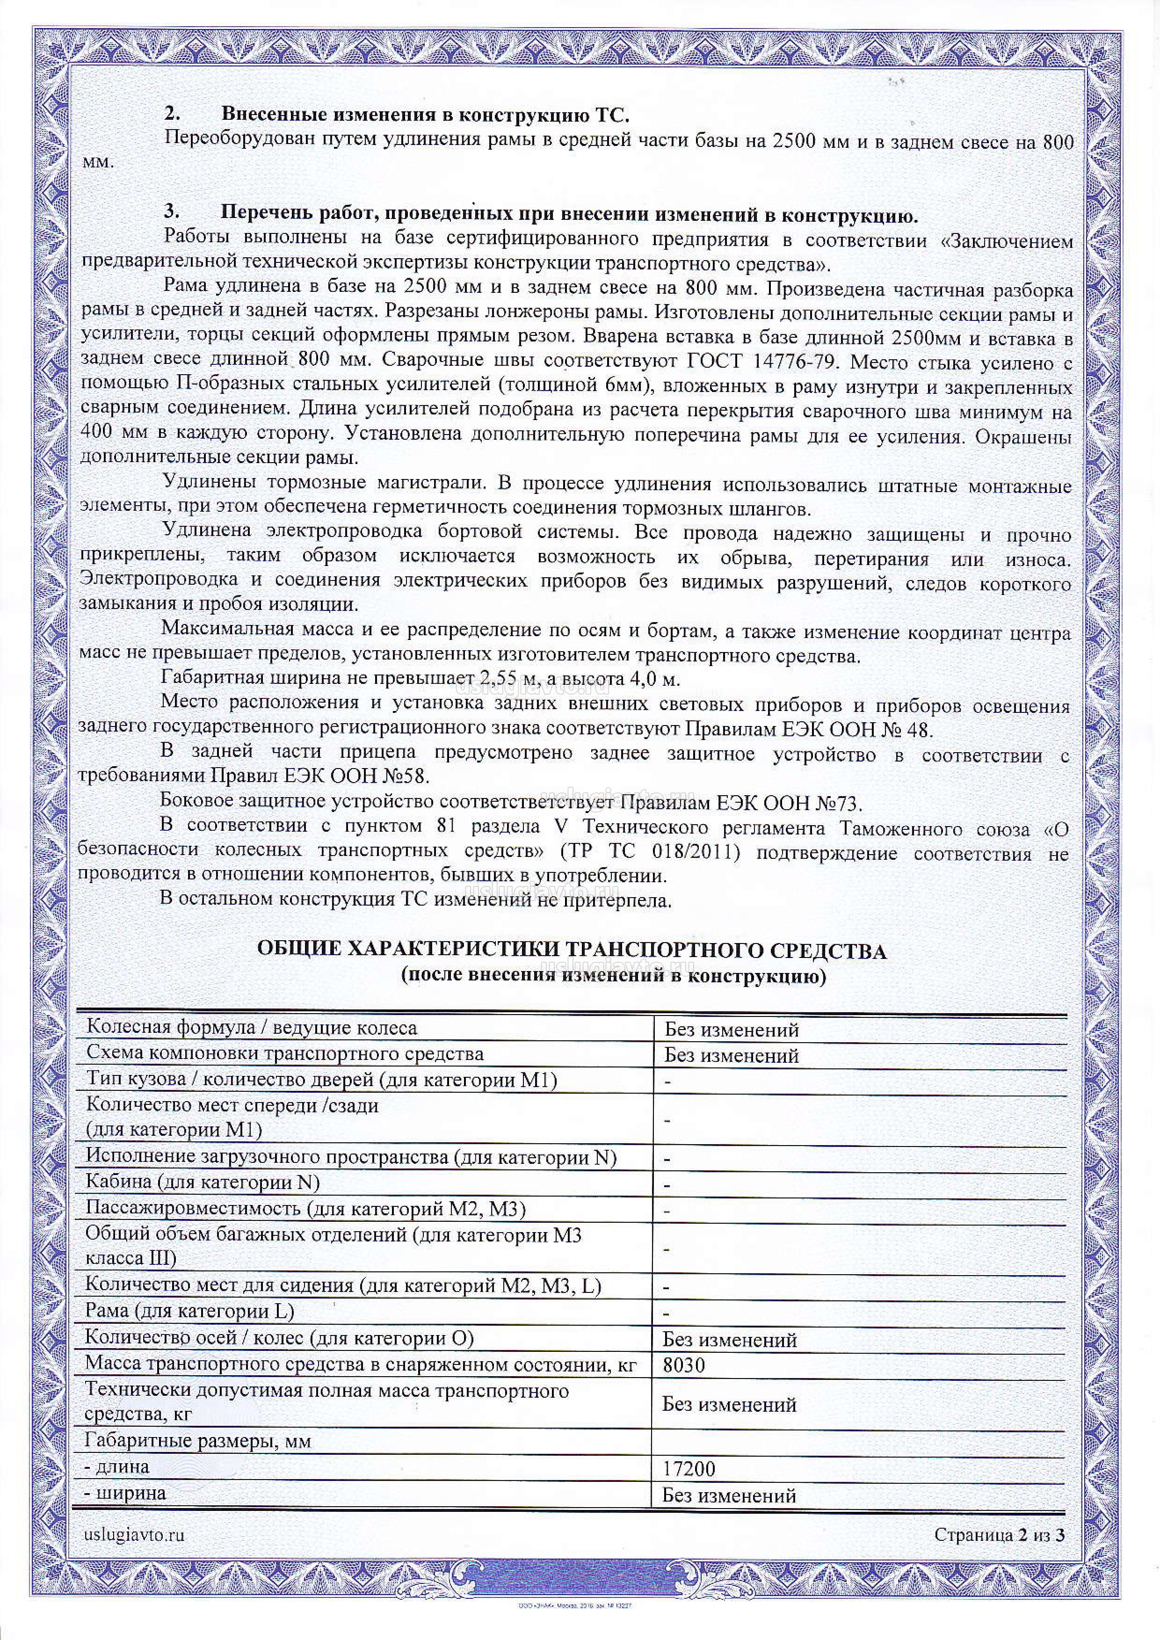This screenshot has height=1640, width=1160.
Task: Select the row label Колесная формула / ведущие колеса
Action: (252, 1028)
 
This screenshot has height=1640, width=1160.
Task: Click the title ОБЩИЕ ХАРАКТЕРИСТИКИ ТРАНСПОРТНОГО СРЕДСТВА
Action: (572, 951)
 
